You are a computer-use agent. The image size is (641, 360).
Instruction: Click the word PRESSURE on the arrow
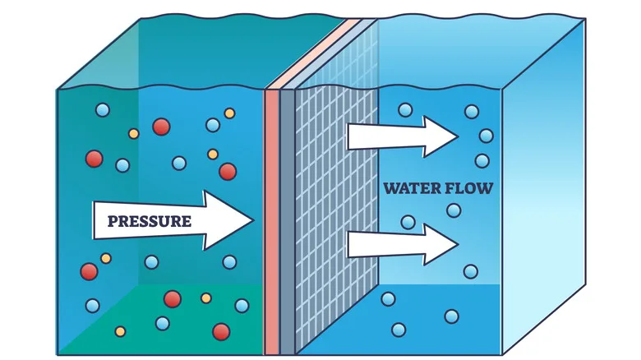144,220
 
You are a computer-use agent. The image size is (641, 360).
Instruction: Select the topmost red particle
161,127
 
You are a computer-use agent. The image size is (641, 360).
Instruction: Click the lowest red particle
221,331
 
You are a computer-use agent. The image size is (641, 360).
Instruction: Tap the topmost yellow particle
229,113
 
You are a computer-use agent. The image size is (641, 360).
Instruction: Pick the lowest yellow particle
121,332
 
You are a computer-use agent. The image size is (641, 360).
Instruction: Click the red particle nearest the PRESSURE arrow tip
228,171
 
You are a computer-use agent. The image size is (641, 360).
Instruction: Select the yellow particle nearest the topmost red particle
134,133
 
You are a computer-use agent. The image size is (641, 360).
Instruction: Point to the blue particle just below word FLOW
454,211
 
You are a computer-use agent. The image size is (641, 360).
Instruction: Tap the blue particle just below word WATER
408,221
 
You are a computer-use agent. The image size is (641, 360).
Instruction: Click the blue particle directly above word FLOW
482,161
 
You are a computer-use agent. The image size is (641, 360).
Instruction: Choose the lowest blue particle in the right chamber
399,330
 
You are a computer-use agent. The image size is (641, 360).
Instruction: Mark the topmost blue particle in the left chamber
102,109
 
